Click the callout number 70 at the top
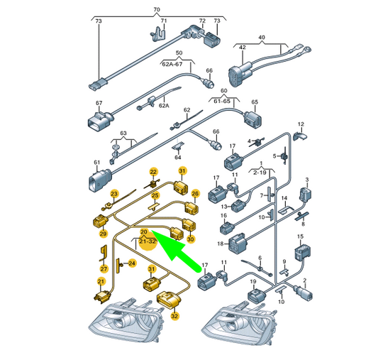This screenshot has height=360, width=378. (x=157, y=10)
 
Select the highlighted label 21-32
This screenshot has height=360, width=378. (x=148, y=241)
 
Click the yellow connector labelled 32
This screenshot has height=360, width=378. (x=168, y=300)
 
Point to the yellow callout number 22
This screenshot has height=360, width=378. (x=153, y=172)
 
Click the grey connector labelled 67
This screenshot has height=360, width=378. (x=100, y=121)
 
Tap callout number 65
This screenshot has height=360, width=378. (x=255, y=102)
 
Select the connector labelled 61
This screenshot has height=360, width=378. (x=100, y=181)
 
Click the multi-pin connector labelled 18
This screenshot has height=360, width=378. (x=238, y=243)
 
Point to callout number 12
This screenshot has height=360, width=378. (x=301, y=124)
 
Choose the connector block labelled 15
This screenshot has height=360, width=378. (x=303, y=253)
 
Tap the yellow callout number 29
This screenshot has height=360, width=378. (x=103, y=234)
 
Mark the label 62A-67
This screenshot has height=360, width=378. (x=172, y=64)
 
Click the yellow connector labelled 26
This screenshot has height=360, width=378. (x=192, y=208)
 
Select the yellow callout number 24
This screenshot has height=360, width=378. (x=132, y=263)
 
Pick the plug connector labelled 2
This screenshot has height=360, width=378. (x=304, y=293)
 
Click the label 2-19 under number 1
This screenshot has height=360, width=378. (x=260, y=173)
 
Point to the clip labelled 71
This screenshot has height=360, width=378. (x=159, y=34)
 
